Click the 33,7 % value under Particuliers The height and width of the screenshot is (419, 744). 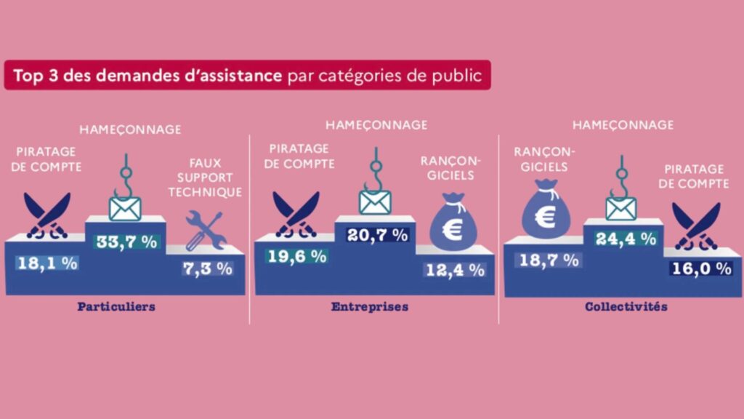click(x=126, y=242)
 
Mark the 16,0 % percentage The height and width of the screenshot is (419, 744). click(x=701, y=268)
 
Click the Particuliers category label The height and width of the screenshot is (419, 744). click(x=116, y=306)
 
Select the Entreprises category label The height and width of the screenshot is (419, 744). click(x=369, y=306)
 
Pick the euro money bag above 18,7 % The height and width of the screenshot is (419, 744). click(x=546, y=211)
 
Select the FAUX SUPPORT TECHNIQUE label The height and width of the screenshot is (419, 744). click(x=210, y=177)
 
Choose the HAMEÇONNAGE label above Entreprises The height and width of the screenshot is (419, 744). click(x=376, y=125)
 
